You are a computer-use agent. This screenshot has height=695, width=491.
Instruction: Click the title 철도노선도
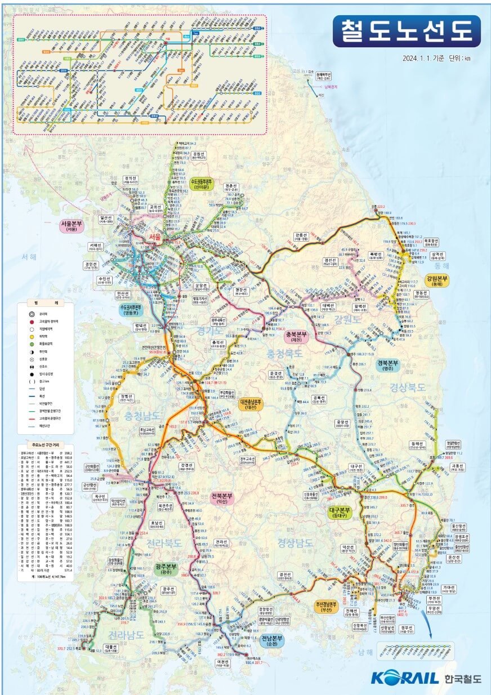pos(407,31)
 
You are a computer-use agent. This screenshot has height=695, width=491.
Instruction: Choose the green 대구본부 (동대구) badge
pos(341,512)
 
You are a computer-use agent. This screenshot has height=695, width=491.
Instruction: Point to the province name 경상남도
pos(295,542)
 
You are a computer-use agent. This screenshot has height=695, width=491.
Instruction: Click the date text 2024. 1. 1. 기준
pos(423,58)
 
